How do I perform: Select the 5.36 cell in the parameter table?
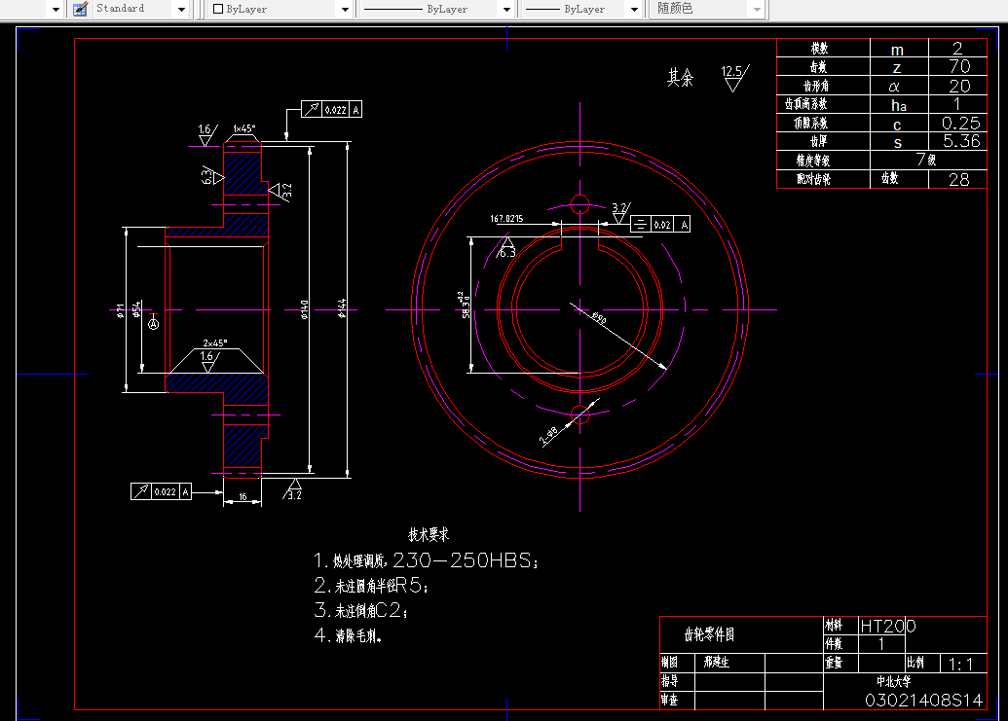tap(960, 141)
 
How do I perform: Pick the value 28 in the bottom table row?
tap(958, 179)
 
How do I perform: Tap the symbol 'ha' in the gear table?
tap(898, 105)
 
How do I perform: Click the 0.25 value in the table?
tap(960, 124)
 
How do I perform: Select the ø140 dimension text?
tap(305, 308)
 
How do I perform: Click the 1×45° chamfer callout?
tap(244, 128)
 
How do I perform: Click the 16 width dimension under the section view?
tap(243, 497)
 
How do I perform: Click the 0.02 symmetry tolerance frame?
tap(661, 225)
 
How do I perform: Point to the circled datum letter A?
tap(153, 324)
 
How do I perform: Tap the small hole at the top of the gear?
tap(580, 203)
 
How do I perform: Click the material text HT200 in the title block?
tap(886, 627)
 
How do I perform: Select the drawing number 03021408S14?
tap(923, 701)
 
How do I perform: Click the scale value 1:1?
tap(960, 665)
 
